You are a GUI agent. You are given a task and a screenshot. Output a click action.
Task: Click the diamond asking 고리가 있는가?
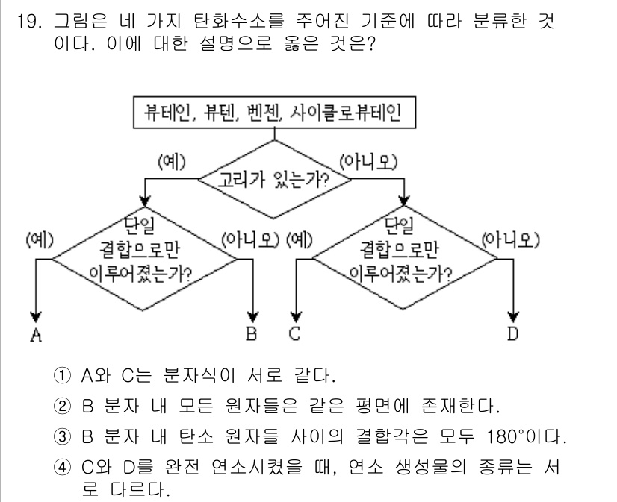[274, 179]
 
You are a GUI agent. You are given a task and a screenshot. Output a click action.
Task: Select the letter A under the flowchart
[34, 336]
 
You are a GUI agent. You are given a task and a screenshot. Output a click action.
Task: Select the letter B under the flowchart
[256, 334]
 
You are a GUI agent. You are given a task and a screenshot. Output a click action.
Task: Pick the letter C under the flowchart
[296, 334]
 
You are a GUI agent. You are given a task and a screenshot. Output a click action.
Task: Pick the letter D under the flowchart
[512, 334]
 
